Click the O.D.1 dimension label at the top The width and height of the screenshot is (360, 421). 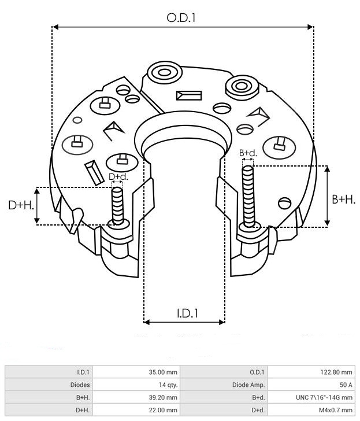coord(181,18)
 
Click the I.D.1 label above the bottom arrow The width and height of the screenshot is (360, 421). coord(187,313)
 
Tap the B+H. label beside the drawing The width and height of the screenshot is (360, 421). coord(344,200)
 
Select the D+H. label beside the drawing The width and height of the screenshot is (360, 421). coord(21,205)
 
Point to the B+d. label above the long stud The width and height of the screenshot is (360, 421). coord(248,153)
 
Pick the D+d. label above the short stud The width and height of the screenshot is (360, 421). coord(118,177)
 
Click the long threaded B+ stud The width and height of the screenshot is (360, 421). coord(248,196)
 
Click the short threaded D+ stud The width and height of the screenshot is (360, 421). coord(117,206)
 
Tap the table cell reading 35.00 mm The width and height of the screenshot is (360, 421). coord(163,372)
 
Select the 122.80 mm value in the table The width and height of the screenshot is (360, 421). coord(336,372)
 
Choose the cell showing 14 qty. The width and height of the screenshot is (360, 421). coord(168,385)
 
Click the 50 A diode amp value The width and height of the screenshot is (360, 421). coord(346,385)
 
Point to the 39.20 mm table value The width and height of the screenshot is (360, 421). coord(163,397)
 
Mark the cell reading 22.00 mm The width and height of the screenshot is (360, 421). coord(163,410)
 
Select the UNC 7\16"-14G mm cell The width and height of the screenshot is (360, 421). coord(324,397)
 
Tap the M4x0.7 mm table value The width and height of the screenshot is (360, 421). coord(336,410)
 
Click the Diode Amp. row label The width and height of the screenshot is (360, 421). coord(248,385)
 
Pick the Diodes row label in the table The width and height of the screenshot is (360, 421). coord(80,385)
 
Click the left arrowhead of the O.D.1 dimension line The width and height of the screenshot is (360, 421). coord(55,27)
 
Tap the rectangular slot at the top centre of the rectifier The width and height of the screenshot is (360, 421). coord(189,95)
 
